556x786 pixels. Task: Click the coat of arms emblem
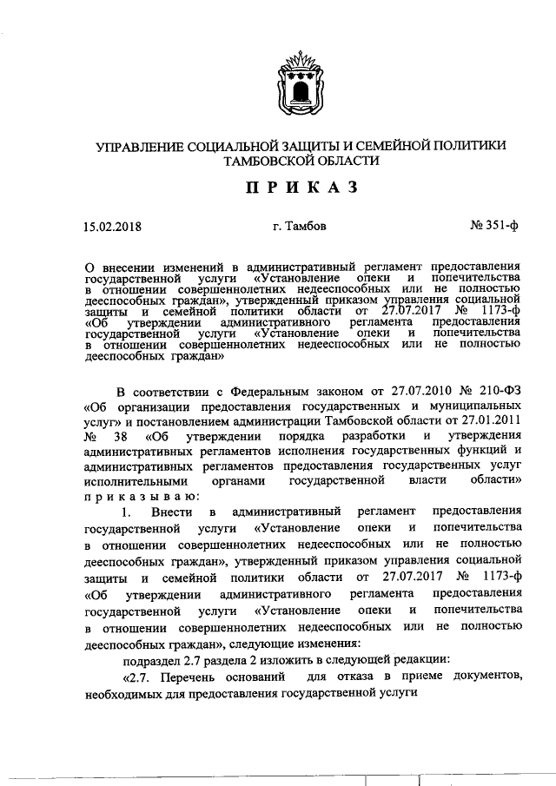[x=301, y=83]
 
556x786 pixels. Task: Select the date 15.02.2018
[x=112, y=229]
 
